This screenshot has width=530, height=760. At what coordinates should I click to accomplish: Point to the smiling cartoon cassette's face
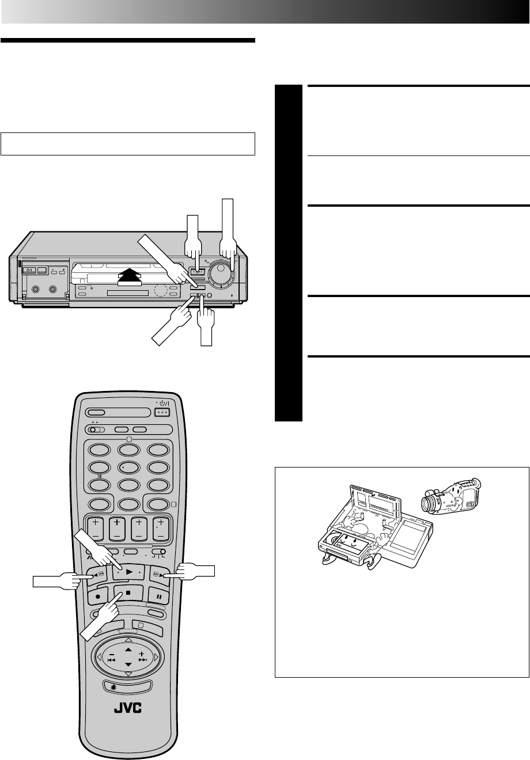point(351,539)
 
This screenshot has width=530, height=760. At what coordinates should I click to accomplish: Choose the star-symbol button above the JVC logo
point(128,685)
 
